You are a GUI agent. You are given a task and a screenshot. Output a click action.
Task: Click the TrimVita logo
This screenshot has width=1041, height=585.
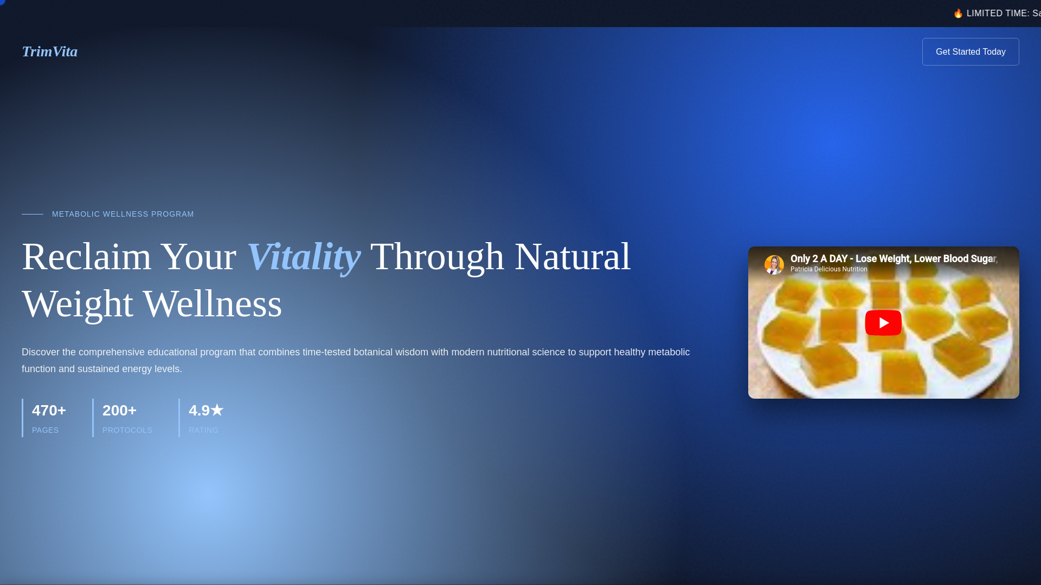pos(49,51)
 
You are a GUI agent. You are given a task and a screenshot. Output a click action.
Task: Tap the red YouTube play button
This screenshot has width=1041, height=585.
pos(883,323)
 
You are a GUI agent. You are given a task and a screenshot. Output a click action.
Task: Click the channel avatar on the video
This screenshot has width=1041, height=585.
pos(774,264)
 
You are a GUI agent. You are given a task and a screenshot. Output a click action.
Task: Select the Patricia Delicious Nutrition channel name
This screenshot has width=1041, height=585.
pos(828,269)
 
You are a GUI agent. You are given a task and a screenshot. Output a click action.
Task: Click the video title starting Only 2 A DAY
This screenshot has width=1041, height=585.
pos(894,259)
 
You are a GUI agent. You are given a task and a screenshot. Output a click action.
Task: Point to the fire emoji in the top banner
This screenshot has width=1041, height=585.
pos(958,13)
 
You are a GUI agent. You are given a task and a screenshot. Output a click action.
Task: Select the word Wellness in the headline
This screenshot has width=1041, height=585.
pos(213,303)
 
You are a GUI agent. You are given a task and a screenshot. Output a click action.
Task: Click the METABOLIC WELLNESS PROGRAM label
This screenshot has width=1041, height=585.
pos(123,214)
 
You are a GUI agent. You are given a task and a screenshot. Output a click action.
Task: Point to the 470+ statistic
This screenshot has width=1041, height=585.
pos(49,411)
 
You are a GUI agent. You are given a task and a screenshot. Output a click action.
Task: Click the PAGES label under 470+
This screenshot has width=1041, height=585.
pos(45,430)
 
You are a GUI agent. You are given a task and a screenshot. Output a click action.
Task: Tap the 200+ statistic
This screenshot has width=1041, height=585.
pos(119,411)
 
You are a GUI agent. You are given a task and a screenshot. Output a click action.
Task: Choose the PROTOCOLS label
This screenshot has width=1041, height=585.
pos(127,430)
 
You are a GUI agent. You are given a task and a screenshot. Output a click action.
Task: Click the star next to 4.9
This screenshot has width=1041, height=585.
pos(217,410)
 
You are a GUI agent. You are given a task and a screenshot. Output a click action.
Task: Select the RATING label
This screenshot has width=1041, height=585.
pos(203,430)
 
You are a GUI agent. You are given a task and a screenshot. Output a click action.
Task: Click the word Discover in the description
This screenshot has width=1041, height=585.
pos(41,352)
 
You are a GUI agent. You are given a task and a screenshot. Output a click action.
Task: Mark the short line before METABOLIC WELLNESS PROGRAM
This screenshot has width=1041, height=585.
pos(33,214)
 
